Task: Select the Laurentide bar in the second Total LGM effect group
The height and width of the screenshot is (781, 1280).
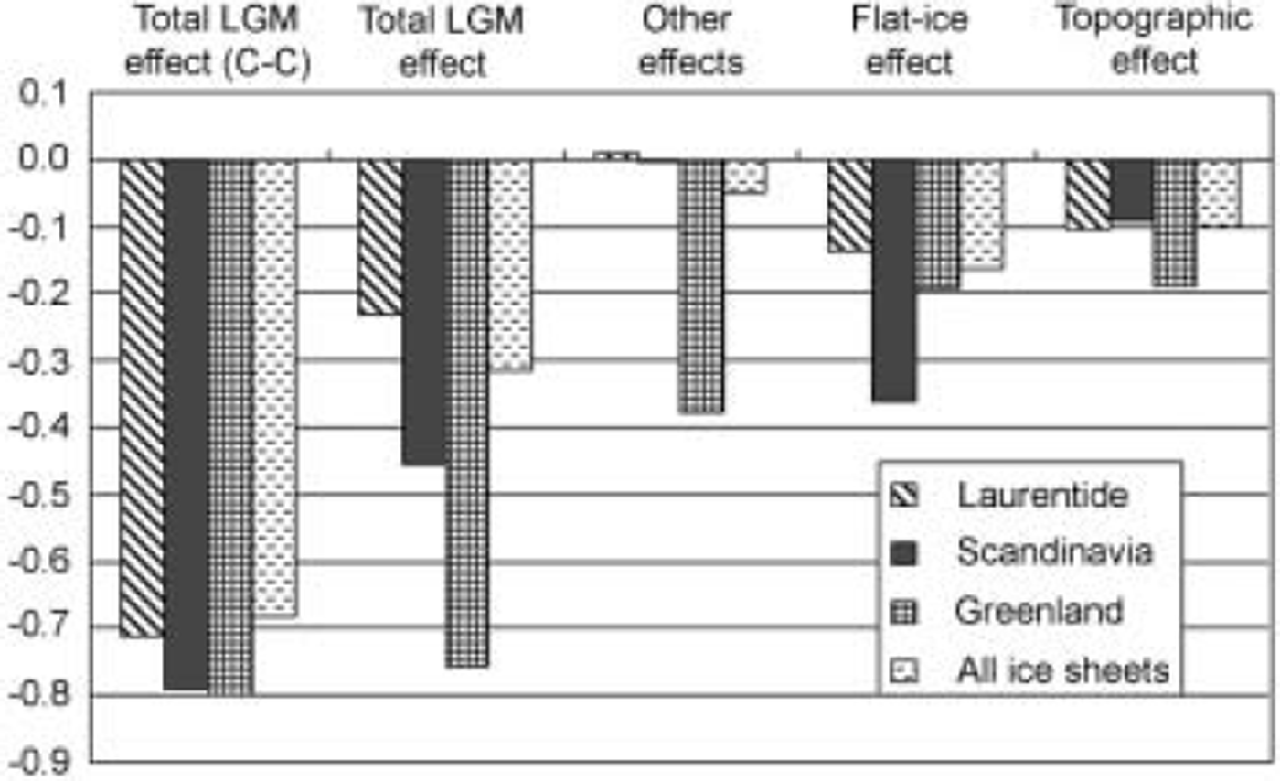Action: (x=379, y=237)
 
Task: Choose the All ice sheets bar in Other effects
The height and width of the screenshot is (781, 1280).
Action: (x=745, y=177)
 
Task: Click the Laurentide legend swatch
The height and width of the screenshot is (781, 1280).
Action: (x=902, y=496)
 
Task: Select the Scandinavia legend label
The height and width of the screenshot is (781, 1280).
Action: (x=1054, y=552)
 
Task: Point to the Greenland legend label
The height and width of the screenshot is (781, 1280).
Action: (x=1040, y=610)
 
